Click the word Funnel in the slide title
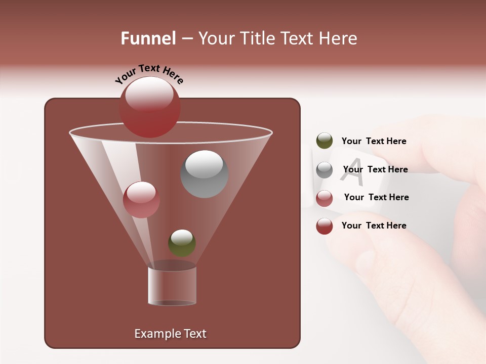point(148,38)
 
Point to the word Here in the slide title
point(336,38)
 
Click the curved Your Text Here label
point(149,74)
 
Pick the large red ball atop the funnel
point(150,107)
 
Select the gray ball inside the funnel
point(204,174)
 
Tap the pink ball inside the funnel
point(141,200)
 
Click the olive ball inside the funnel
point(182,243)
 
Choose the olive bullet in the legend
point(325,141)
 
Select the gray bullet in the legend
point(325,170)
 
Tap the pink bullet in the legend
point(325,198)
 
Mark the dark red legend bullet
point(325,226)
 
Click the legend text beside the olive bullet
point(374,141)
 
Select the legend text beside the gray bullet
point(375,169)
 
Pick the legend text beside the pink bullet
point(376,197)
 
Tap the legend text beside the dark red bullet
point(374,225)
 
